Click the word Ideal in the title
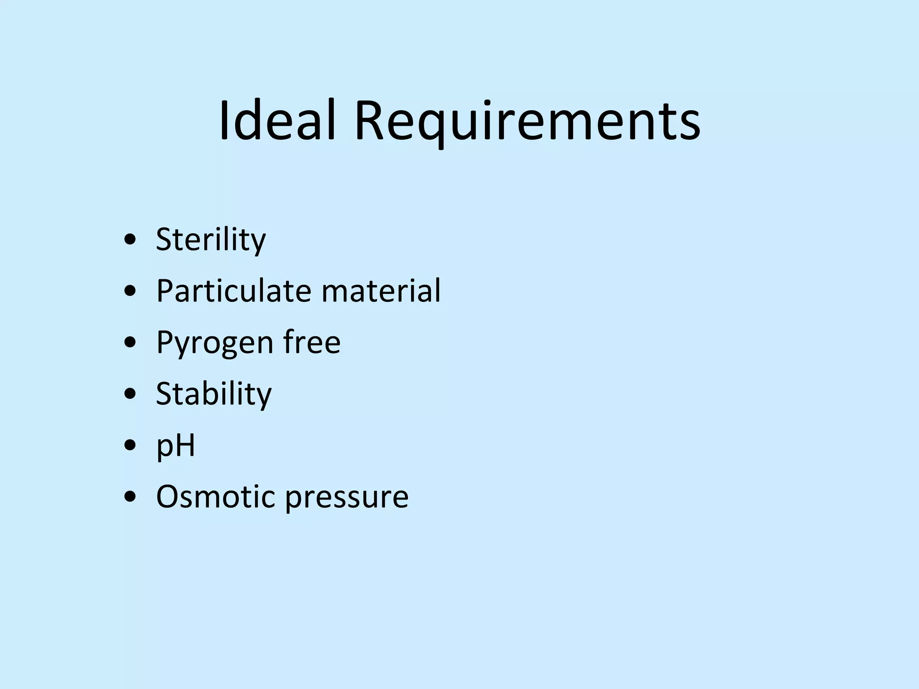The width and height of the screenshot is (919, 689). coord(277,121)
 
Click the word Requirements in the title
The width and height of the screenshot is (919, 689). coord(527,121)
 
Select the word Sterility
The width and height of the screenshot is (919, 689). coord(210,240)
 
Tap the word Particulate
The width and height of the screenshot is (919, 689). coord(233,291)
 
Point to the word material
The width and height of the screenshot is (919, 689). coord(381,291)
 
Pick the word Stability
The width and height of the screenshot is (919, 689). coord(214,394)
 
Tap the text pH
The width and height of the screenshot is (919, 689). coord(175,446)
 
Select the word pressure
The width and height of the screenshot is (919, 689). coord(347,497)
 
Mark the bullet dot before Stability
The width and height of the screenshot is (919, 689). coord(130,394)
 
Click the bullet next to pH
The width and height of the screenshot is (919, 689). coord(130,446)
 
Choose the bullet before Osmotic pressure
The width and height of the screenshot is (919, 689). coord(130,497)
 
